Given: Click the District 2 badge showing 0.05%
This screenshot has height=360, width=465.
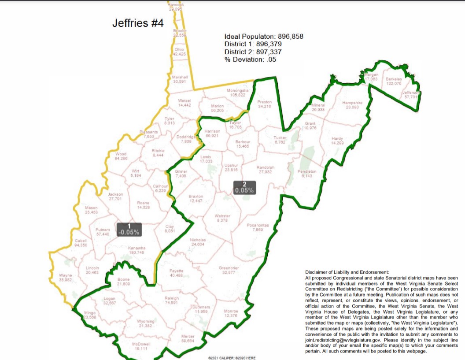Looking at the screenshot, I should (244, 187).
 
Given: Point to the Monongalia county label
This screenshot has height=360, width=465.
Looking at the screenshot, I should (238, 91).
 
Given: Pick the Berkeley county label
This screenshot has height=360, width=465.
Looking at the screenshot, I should (394, 79).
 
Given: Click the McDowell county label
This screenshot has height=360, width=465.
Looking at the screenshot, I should (141, 344).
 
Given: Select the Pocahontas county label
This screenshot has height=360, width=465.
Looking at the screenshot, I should (258, 225).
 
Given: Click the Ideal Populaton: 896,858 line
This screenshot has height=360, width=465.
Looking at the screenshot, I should (264, 37).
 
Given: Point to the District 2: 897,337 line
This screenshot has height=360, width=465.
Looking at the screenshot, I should (253, 52).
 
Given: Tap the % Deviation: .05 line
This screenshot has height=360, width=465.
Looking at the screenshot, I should (250, 59).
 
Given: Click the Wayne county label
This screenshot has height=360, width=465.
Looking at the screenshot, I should (65, 276).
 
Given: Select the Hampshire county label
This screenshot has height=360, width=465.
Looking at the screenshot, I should (352, 103).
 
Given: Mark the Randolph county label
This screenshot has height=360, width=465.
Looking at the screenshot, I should (265, 167).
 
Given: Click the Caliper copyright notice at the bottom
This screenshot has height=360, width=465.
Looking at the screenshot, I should (232, 358).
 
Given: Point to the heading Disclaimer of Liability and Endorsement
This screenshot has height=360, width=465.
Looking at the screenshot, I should (347, 272).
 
